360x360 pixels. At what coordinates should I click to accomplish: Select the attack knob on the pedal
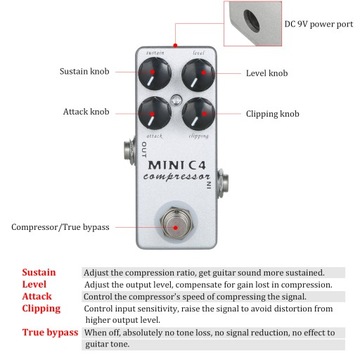155,112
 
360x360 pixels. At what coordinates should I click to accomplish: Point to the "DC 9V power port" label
318,23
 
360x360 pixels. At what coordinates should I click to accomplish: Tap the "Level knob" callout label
267,73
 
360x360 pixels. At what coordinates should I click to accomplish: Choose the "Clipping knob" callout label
272,114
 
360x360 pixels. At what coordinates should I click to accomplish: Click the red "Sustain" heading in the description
39,272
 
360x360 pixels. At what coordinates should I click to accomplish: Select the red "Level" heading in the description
34,284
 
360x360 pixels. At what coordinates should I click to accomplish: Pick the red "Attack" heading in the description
36,296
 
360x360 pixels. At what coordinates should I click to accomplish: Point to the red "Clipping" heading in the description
41,308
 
